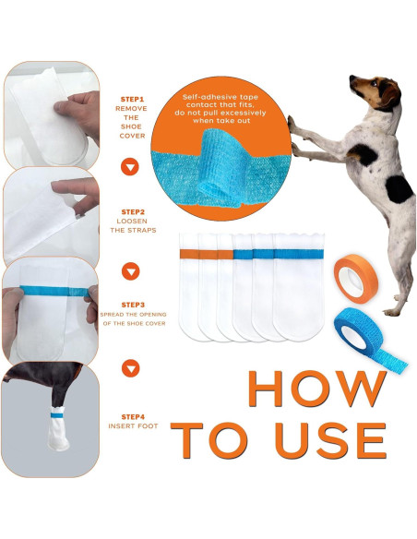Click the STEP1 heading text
[132, 99]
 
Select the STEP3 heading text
[132, 304]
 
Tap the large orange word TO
[214, 442]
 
